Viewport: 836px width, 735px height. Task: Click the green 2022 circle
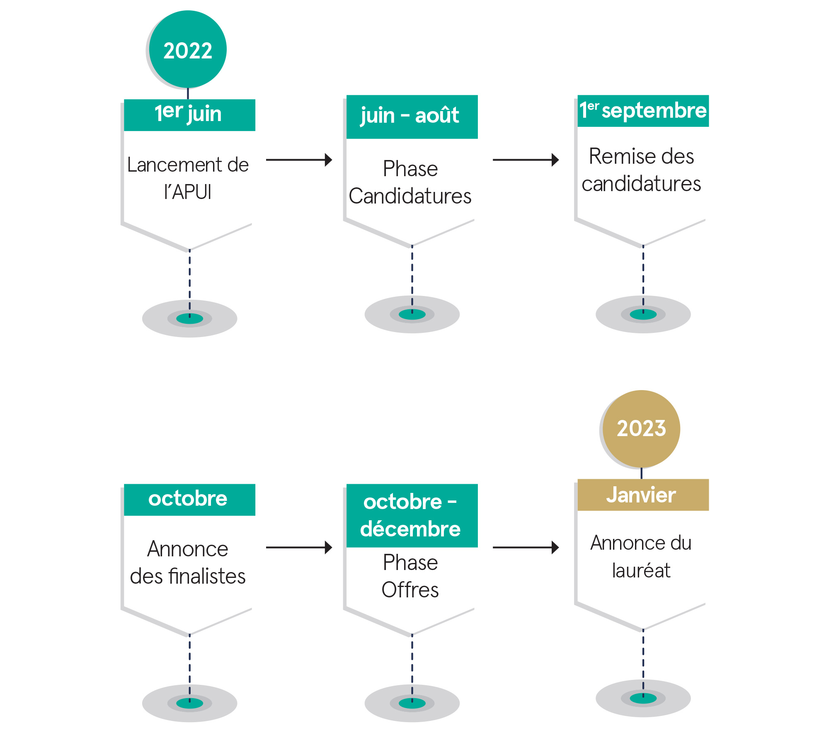pyautogui.click(x=188, y=49)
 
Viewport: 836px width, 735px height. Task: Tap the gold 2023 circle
pyautogui.click(x=641, y=429)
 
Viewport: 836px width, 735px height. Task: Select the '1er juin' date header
pyautogui.click(x=189, y=115)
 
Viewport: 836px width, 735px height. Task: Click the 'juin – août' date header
pyautogui.click(x=412, y=116)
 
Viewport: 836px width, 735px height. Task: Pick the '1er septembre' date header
pyautogui.click(x=643, y=111)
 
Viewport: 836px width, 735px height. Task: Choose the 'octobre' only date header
pyautogui.click(x=189, y=499)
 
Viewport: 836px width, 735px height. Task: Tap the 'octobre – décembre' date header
pyautogui.click(x=412, y=515)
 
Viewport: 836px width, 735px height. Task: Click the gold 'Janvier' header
pyautogui.click(x=643, y=495)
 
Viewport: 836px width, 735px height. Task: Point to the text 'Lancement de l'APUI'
pyautogui.click(x=188, y=178)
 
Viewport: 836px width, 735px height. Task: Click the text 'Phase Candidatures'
pyautogui.click(x=410, y=182)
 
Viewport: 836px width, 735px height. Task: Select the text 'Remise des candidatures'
pyautogui.click(x=641, y=170)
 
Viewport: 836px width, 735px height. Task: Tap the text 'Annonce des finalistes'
pyautogui.click(x=188, y=563)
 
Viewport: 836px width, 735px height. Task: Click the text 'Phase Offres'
pyautogui.click(x=410, y=576)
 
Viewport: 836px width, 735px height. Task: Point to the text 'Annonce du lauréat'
pyautogui.click(x=641, y=556)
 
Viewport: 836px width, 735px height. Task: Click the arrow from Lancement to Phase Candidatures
pyautogui.click(x=299, y=160)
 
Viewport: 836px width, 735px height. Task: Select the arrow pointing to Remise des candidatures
pyautogui.click(x=526, y=160)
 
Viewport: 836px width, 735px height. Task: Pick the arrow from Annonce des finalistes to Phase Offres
pyautogui.click(x=299, y=547)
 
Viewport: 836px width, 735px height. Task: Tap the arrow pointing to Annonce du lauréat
pyautogui.click(x=526, y=547)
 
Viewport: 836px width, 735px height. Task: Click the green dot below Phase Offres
pyautogui.click(x=412, y=703)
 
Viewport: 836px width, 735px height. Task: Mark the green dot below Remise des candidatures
pyautogui.click(x=643, y=314)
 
